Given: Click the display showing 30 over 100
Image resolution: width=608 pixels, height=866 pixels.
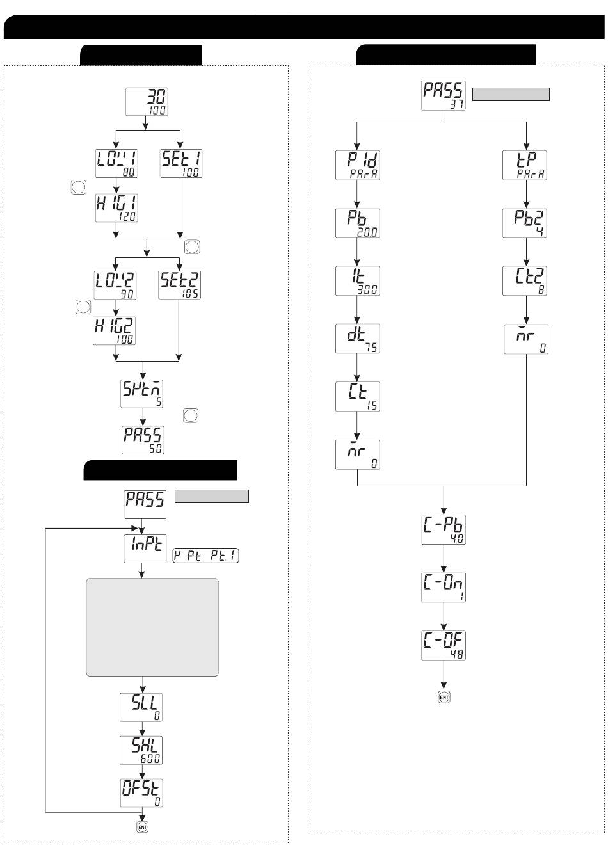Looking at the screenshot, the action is [147, 101].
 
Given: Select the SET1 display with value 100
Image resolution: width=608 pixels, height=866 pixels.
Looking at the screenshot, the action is [180, 163].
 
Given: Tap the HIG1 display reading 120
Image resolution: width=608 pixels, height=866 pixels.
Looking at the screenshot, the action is [116, 207].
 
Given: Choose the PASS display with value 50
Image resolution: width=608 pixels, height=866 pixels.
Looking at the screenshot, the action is [143, 440].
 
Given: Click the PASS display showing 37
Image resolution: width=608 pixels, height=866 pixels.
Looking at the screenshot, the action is [444, 95].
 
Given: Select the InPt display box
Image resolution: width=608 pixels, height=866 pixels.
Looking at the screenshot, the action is [145, 549].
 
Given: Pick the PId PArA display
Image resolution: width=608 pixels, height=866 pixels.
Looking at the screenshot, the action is [357, 164].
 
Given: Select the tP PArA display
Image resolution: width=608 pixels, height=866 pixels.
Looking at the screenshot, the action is [526, 164].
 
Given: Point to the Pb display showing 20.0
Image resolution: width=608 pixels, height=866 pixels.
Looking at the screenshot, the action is [357, 223].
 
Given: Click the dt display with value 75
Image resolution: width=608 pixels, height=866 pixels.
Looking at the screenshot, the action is [357, 339].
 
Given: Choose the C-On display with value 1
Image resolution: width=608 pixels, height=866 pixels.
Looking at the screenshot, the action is [444, 588].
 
